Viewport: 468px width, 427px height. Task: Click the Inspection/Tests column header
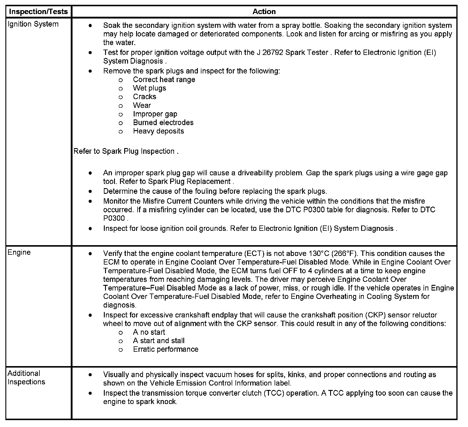point(39,12)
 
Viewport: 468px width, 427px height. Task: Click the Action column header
point(264,12)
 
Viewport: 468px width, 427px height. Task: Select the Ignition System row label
point(33,24)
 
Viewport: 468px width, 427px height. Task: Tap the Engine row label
point(19,252)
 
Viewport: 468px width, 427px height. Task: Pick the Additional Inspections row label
point(26,377)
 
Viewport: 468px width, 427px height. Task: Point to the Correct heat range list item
point(164,80)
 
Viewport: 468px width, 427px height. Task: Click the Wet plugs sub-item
point(149,88)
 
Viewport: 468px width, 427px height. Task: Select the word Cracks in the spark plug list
point(144,97)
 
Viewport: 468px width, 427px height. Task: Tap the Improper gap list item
point(155,114)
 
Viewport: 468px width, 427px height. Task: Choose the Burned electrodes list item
point(163,123)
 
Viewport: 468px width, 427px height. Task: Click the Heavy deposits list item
point(158,131)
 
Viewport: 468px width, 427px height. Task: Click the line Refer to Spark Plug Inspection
point(125,151)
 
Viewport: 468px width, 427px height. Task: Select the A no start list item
point(149,332)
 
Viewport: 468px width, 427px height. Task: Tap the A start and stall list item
point(158,341)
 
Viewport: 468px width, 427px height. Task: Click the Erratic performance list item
point(166,350)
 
